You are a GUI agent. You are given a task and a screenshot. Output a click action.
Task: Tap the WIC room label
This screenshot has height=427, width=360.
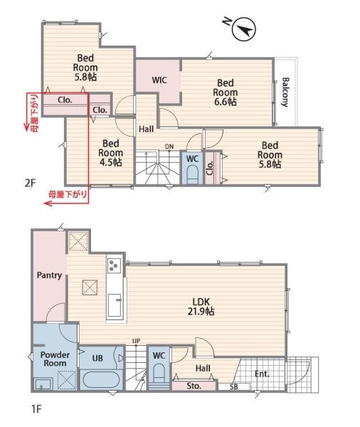click(x=159, y=80)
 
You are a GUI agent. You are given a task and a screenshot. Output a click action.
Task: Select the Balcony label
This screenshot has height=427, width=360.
click(x=285, y=92)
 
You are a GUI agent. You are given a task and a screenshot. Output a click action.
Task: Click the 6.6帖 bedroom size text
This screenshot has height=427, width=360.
click(x=226, y=102)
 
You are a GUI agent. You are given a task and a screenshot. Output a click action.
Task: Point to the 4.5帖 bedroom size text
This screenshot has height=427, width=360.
click(x=110, y=162)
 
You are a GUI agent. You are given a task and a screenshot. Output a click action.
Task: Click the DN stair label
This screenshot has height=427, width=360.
click(x=169, y=147)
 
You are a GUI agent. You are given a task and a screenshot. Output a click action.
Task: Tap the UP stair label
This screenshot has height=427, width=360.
click(x=136, y=341)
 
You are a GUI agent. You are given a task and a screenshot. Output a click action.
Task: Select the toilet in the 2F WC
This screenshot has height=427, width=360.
click(x=192, y=174)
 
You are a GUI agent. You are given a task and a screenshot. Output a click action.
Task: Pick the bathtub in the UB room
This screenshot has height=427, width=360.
click(x=100, y=380)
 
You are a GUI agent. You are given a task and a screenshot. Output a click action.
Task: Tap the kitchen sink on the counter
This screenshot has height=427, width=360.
click(x=115, y=305)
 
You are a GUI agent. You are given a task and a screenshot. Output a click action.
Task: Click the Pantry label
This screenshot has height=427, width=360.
click(x=49, y=275)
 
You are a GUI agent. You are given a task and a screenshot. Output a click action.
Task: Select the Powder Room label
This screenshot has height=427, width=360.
click(x=55, y=359)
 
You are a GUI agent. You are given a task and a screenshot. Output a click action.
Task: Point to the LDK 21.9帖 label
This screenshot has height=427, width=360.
click(x=201, y=306)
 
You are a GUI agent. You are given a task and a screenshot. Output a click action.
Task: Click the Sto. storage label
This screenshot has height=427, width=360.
click(x=194, y=386)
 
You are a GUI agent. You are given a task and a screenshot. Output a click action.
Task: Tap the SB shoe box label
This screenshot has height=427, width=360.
click(x=233, y=386)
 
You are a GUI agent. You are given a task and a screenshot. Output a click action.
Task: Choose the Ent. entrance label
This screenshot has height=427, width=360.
click(x=262, y=374)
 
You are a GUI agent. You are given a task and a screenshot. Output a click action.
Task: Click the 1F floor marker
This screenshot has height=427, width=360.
click(x=36, y=408)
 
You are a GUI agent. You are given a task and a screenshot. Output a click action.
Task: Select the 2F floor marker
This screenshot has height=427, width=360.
click(x=30, y=183)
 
